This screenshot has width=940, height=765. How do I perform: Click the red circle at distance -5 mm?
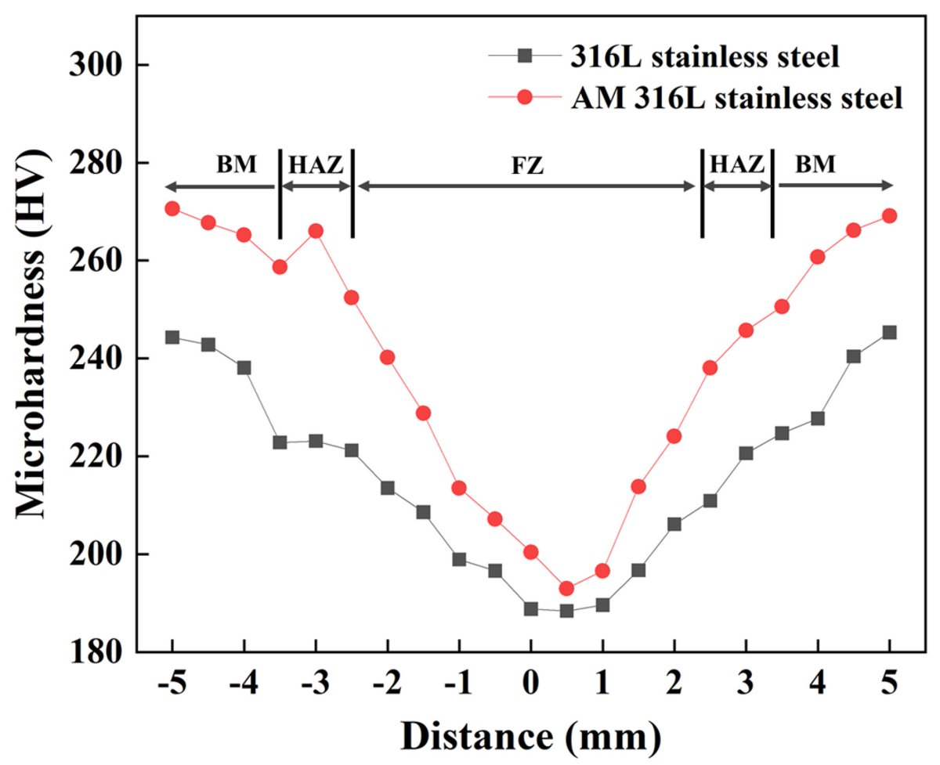172,208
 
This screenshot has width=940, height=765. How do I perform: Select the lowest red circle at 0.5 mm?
566,588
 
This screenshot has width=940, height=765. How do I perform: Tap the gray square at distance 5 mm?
889,332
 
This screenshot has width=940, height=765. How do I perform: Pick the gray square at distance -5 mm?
172,337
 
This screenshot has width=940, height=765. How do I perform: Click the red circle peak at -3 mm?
316,231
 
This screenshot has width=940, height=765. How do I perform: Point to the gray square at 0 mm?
531,608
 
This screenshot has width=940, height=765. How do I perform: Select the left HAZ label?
316,165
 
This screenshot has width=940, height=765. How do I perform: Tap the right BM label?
815,165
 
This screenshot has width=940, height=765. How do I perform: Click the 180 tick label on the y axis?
98,652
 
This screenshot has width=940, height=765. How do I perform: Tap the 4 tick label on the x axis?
818,682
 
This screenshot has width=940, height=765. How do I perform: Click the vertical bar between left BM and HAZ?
280,193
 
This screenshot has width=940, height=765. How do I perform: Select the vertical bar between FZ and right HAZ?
702,193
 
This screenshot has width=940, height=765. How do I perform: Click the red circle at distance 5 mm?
889,215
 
